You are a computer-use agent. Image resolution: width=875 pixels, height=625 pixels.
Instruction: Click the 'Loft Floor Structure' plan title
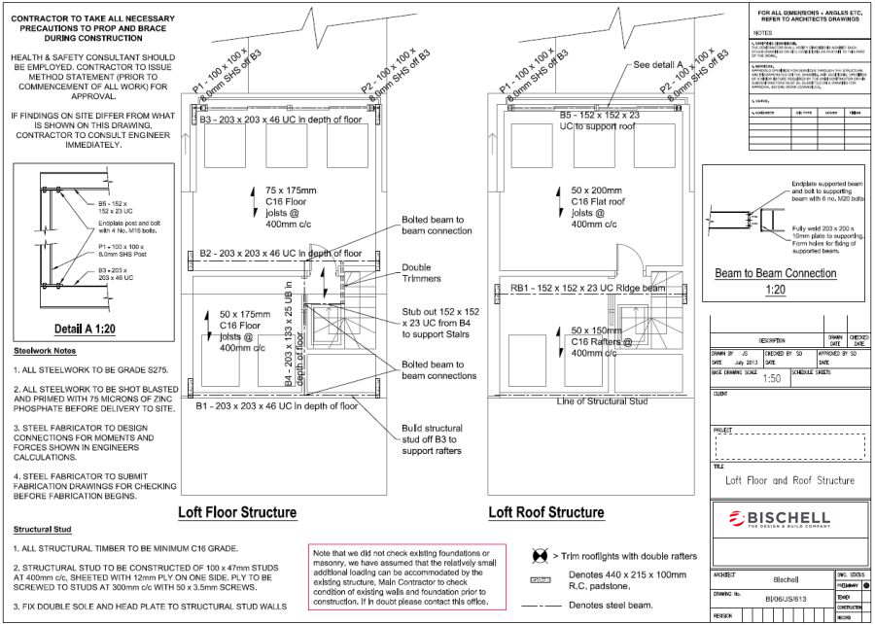point(237,512)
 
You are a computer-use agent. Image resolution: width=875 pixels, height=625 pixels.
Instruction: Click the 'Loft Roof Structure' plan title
point(545,512)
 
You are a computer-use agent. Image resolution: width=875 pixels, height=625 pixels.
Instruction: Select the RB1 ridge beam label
point(587,289)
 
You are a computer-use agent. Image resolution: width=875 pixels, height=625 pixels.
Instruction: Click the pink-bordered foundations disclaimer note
point(407,576)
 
